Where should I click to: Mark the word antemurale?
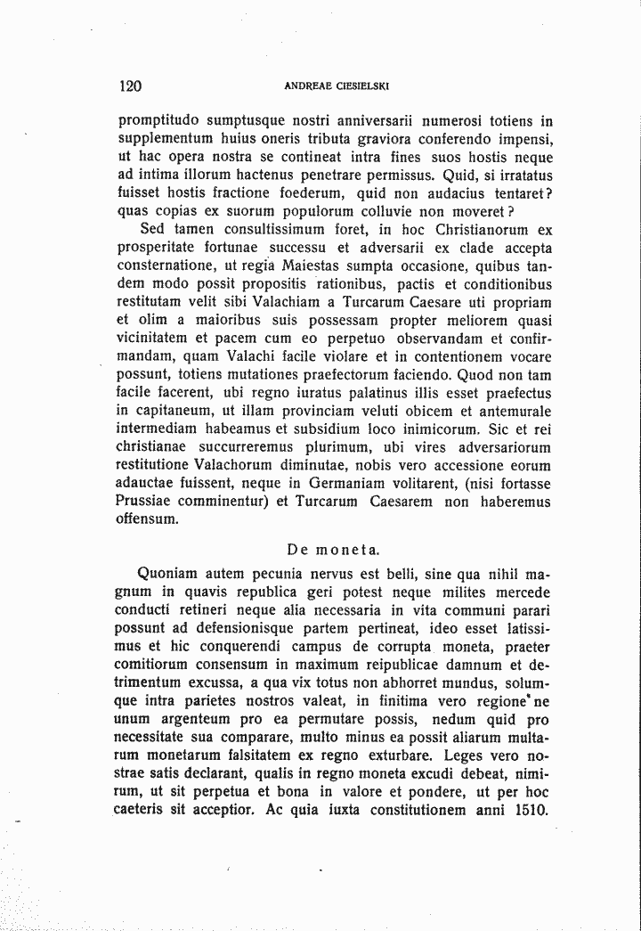(x=513, y=411)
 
